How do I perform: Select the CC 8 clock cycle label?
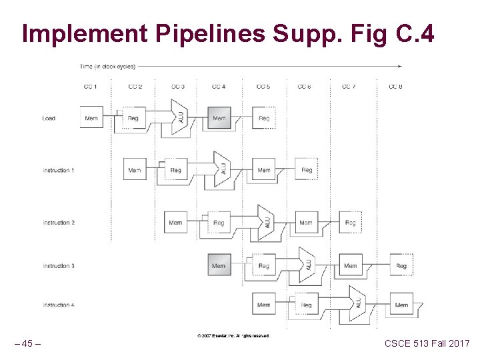click(x=395, y=87)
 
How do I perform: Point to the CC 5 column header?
click(x=263, y=87)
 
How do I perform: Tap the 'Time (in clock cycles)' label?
click(x=107, y=66)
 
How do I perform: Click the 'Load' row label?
click(x=49, y=119)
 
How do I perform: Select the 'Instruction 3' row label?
click(x=59, y=266)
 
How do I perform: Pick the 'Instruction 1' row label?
click(x=59, y=171)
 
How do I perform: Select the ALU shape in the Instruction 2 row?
click(x=267, y=222)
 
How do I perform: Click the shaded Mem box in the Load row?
click(x=219, y=118)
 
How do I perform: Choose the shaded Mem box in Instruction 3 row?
click(x=219, y=265)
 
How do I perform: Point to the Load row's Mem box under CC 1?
click(x=91, y=118)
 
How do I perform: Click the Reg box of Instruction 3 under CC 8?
click(x=401, y=265)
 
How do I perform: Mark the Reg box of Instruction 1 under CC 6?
click(x=307, y=170)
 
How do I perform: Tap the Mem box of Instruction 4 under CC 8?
click(x=401, y=305)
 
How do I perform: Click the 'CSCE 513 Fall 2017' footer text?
click(x=427, y=343)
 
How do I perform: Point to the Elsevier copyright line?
click(x=233, y=336)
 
